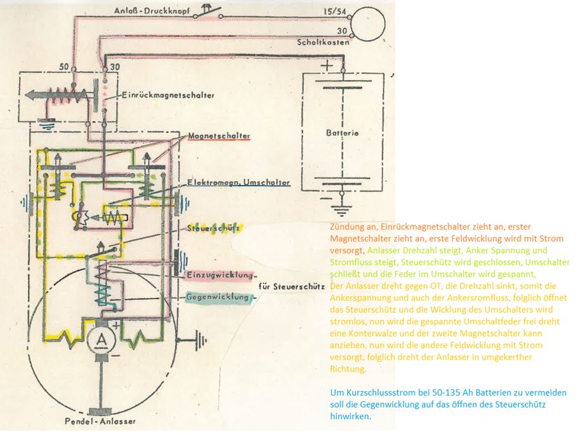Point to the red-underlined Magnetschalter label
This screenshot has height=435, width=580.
click(218, 136)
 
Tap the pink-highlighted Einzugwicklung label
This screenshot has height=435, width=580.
click(218, 275)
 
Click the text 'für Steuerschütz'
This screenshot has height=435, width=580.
click(292, 286)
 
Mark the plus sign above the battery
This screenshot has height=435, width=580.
click(326, 65)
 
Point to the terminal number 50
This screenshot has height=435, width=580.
click(63, 66)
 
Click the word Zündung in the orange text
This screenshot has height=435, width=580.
click(346, 227)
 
